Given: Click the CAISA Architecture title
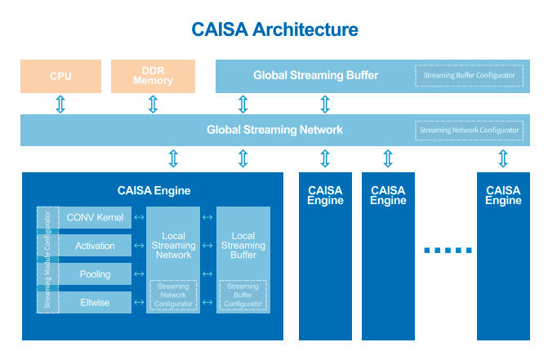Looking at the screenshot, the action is (x=274, y=29).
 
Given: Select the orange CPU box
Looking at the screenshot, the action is (x=60, y=76).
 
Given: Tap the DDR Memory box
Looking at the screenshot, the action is (x=153, y=76).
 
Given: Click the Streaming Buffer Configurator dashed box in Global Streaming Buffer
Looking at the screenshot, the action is (x=469, y=75).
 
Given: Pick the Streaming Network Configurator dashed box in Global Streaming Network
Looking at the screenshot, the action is (x=469, y=131).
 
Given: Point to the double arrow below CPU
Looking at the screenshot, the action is (x=60, y=104).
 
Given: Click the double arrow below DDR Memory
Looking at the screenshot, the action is (x=153, y=104).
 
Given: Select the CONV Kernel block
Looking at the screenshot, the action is (x=95, y=217).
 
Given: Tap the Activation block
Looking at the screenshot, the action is (x=95, y=246).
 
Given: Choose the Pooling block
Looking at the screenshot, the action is (x=95, y=274).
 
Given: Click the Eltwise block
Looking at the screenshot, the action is (x=95, y=302).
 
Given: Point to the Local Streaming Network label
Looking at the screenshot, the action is (x=173, y=246).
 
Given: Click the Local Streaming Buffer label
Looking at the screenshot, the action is (x=243, y=246).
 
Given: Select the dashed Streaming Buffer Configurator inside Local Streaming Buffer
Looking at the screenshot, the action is (x=243, y=295).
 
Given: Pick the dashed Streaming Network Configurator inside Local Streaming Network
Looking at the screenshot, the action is (x=173, y=295).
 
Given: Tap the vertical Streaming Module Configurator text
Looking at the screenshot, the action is (x=47, y=260).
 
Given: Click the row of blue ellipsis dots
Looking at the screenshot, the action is (x=448, y=251).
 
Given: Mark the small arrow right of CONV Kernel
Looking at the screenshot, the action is (x=139, y=217).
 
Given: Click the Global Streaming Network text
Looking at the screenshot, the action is (x=274, y=130).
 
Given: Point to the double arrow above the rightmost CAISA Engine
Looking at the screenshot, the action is (x=503, y=158).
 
